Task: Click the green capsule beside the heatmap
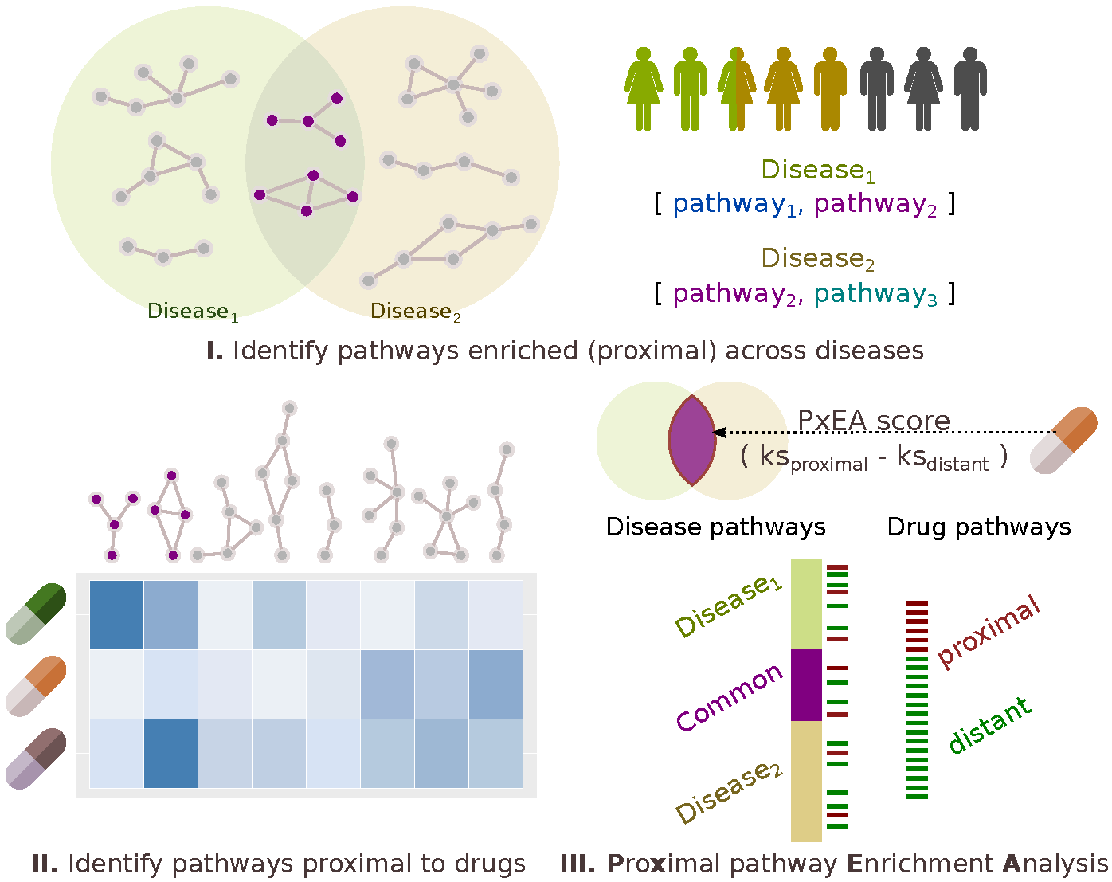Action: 36,613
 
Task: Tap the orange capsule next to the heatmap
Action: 36,685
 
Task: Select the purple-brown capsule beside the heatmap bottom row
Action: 36,759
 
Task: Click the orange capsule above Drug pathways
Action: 1063,441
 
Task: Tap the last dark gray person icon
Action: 969,88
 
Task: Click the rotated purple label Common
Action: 730,697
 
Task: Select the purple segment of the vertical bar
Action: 806,685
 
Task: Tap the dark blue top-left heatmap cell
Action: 116,614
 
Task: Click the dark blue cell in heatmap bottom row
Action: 170,754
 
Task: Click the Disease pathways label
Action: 715,527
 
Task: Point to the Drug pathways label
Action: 979,527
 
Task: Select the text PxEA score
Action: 874,420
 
